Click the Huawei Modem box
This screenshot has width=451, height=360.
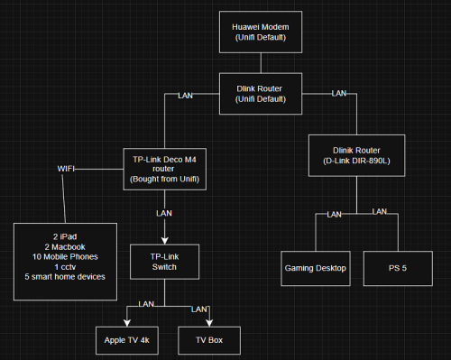coord(261,33)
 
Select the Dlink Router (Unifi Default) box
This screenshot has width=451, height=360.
coord(261,93)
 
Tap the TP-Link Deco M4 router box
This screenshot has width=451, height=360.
coord(165,169)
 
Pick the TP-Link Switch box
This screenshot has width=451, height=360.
coord(164,262)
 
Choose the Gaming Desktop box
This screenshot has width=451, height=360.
coord(316,268)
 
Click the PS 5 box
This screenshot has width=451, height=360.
coord(398,268)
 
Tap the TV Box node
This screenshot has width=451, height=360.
coord(208,341)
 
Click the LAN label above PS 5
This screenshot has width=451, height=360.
coord(380,211)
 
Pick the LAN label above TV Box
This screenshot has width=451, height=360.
coord(199,309)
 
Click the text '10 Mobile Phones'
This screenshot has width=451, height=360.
coord(64,255)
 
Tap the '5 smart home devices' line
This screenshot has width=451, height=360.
coord(64,275)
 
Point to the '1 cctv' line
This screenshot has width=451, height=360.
coord(64,265)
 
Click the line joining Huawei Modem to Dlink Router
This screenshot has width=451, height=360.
coord(261,63)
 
